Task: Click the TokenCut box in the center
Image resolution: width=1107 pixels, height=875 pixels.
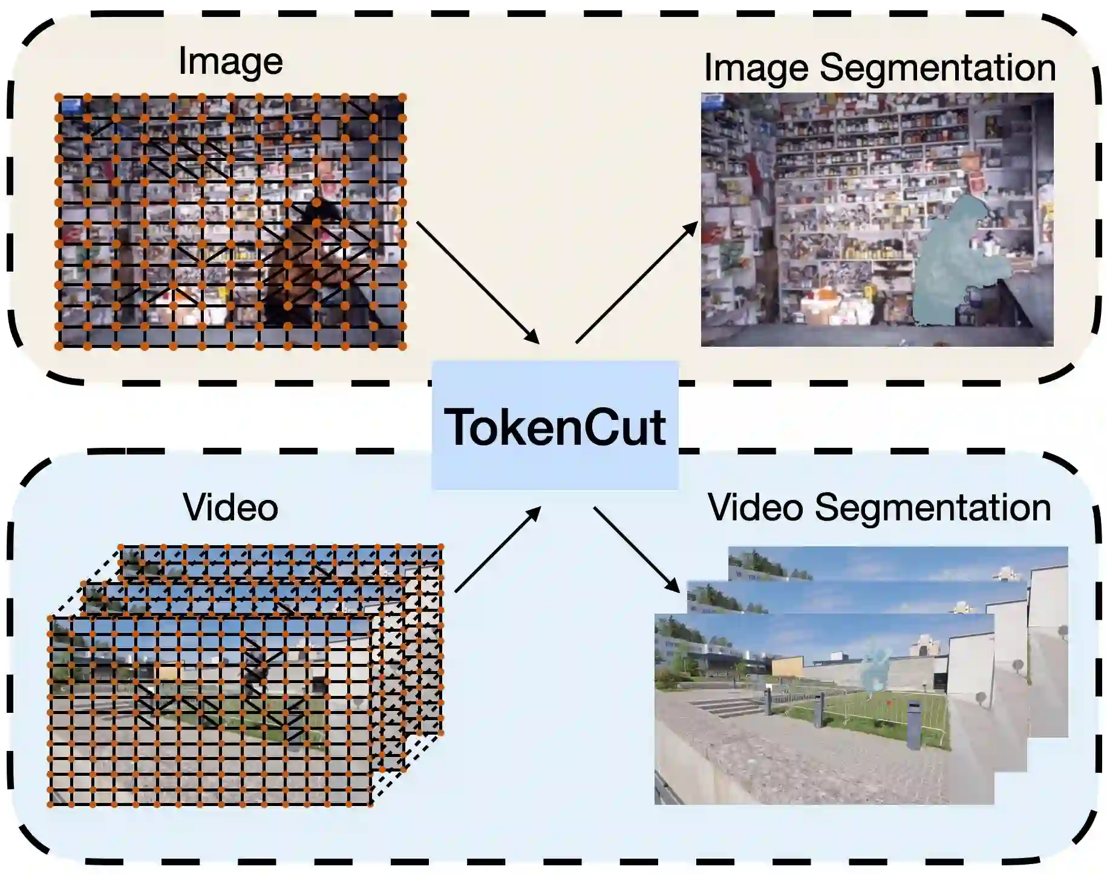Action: (555, 425)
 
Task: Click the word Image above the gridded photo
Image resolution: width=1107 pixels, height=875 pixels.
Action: (230, 62)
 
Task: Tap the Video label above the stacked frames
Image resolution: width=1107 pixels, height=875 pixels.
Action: (230, 507)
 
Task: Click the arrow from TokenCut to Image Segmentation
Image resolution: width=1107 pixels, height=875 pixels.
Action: (636, 282)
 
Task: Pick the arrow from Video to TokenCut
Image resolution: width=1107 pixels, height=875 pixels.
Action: (497, 549)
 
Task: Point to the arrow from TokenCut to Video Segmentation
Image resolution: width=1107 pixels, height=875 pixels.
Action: (636, 549)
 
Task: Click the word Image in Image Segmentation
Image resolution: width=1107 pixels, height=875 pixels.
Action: (756, 68)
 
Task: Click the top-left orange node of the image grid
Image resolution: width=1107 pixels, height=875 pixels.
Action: (59, 97)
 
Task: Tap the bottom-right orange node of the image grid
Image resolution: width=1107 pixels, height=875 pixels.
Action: (402, 346)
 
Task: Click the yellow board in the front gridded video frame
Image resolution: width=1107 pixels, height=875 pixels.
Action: (169, 671)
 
